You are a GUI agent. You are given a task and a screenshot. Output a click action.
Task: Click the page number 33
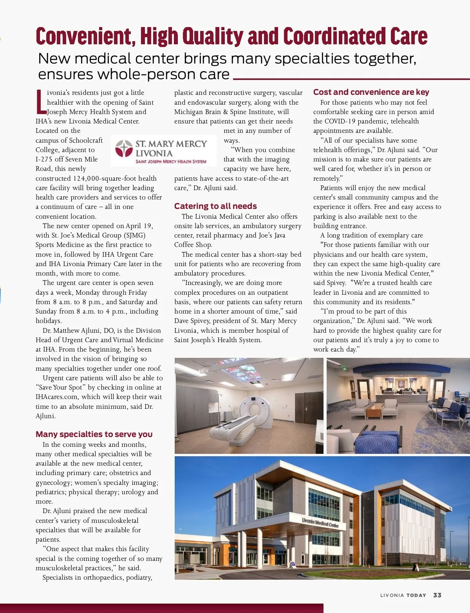pyautogui.click(x=437, y=595)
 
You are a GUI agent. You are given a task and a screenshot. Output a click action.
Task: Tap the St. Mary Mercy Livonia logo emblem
pyautogui.click(x=124, y=149)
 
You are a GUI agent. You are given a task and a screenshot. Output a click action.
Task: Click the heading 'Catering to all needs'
pyautogui.click(x=215, y=206)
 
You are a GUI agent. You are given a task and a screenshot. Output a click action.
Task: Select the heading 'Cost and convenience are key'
pyautogui.click(x=371, y=92)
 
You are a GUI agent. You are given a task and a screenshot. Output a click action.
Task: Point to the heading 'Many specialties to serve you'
pyautogui.click(x=94, y=434)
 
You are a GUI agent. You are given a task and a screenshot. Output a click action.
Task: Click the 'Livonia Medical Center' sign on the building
pyautogui.click(x=320, y=522)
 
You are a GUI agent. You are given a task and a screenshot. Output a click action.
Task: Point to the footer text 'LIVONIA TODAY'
pyautogui.click(x=403, y=595)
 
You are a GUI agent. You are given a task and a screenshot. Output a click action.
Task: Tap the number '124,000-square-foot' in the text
pyautogui.click(x=103, y=178)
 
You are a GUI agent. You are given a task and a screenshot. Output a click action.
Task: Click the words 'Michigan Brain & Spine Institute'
pyautogui.click(x=224, y=112)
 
